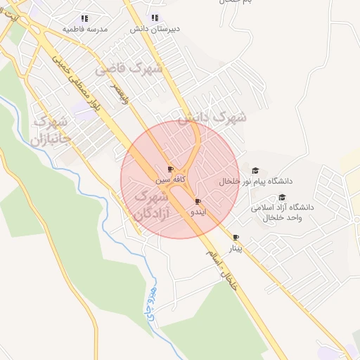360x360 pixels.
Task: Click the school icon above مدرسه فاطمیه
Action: tap(85, 18)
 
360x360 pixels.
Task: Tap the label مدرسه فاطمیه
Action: tap(85, 29)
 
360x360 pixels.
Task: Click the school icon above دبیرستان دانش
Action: tap(155, 18)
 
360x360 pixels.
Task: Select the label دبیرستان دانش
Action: tap(155, 29)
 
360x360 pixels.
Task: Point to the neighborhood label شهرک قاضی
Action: tap(129, 69)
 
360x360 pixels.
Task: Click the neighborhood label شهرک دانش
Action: tap(212, 117)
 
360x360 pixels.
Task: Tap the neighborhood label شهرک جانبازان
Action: tap(51, 131)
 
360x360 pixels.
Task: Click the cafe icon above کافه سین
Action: tap(170, 169)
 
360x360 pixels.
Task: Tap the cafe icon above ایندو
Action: tap(198, 202)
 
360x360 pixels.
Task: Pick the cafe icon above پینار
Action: tap(236, 238)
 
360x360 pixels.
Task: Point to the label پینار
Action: tap(236, 248)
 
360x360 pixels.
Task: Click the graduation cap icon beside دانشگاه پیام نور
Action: tap(255, 171)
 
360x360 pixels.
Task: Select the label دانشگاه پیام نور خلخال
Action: tap(255, 181)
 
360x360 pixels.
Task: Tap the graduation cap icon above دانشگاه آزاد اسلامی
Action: tap(282, 198)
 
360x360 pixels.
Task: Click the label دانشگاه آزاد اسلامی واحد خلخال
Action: tap(282, 213)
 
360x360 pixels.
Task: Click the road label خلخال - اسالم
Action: tap(224, 270)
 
